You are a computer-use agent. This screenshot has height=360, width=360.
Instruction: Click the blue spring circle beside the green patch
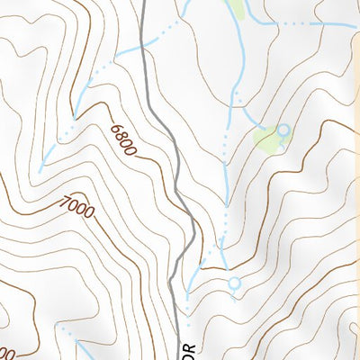[284, 130]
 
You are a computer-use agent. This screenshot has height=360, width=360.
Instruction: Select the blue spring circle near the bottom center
[235, 284]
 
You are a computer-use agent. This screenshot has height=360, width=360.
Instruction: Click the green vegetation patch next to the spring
[266, 139]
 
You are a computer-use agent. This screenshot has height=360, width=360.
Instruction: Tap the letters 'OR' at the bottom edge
[189, 349]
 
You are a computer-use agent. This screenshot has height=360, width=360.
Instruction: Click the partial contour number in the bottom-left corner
[7, 353]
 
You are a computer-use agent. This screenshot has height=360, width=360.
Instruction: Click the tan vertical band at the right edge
[355, 180]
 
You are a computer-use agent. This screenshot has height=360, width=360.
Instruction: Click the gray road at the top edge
[144, 4]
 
